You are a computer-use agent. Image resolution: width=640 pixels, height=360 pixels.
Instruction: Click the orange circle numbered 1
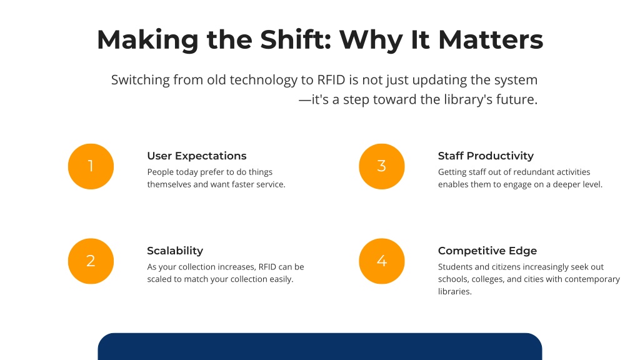click(x=91, y=166)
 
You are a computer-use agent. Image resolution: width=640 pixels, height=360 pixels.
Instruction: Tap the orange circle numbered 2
click(x=91, y=261)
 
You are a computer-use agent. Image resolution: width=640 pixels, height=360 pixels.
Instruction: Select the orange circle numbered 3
click(x=382, y=166)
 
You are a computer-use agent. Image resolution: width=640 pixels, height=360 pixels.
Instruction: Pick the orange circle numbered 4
click(x=382, y=261)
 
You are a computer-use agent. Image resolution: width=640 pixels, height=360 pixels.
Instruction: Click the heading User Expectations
click(x=197, y=156)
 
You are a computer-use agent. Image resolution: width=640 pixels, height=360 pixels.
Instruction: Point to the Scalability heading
click(x=175, y=251)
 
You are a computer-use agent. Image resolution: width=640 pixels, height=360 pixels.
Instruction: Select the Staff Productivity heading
click(x=486, y=156)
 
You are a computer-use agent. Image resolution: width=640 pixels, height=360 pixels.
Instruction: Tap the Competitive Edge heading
click(x=487, y=251)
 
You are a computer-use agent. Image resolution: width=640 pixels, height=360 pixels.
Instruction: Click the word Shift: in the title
click(x=296, y=39)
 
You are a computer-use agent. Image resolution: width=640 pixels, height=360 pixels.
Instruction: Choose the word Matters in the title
click(x=491, y=39)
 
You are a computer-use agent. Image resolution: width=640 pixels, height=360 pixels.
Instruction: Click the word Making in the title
click(x=147, y=41)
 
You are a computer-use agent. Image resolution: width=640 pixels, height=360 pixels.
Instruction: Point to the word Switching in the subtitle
click(x=141, y=80)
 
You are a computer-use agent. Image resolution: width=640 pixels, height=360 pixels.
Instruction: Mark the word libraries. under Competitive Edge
click(x=455, y=291)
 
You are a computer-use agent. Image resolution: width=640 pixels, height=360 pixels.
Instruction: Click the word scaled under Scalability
click(x=158, y=279)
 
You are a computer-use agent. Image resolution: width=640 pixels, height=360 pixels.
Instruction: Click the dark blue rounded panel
click(x=320, y=346)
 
